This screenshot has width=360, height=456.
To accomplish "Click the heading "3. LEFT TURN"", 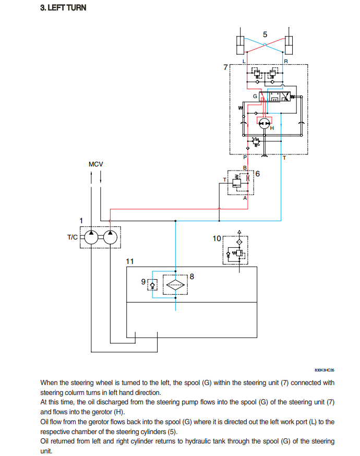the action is click(63, 7).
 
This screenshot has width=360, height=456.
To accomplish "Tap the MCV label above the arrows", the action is click(95, 164).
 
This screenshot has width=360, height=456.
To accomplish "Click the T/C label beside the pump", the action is click(73, 237).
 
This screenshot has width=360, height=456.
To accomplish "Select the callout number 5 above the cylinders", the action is click(265, 34).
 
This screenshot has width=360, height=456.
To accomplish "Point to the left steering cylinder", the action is click(240, 45).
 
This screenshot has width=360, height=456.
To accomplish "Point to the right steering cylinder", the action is click(289, 45).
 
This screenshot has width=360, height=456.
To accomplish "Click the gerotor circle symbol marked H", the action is click(265, 124).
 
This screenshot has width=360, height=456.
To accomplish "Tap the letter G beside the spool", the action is click(255, 96).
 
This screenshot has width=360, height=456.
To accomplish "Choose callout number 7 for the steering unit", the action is click(225, 67).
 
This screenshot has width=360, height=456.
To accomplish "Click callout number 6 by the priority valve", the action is click(257, 174).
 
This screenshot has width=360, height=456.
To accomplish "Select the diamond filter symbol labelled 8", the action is click(175, 285).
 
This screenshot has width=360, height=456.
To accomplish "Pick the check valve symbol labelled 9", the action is click(152, 285).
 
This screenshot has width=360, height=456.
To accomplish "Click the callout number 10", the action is click(217, 238).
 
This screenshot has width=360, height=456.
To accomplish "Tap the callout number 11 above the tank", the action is click(130, 261).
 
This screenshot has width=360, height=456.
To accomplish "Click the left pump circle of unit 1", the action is click(91, 237).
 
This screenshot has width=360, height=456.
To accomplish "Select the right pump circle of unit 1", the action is click(110, 237).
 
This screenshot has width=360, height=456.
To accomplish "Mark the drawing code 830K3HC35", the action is click(324, 370).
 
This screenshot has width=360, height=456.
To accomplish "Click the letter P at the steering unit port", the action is click(245, 158).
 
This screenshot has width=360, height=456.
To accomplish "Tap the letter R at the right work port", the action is click(286, 62).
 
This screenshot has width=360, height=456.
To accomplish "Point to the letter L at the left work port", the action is click(244, 62).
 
